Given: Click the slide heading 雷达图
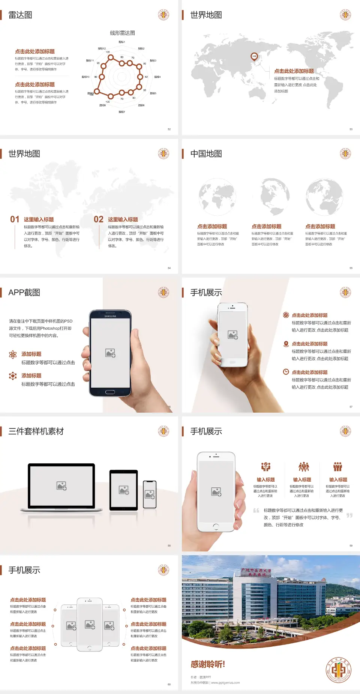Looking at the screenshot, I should [x=20, y=15].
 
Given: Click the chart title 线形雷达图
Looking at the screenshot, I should [x=122, y=33].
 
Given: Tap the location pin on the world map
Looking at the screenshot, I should [x=254, y=57].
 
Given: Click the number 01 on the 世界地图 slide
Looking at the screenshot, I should [x=15, y=219].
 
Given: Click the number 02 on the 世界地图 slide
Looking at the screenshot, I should [x=99, y=219].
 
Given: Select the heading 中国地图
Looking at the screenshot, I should [x=206, y=154].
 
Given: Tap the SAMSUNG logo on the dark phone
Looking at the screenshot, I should [x=110, y=316].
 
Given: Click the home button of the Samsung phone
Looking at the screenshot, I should [x=110, y=392].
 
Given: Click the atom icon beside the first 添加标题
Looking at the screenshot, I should [x=13, y=355].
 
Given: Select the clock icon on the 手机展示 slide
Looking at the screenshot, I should [x=286, y=372].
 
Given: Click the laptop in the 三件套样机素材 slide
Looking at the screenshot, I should [x=61, y=487].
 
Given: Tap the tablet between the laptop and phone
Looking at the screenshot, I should [x=124, y=490].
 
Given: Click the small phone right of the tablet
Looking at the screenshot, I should [x=150, y=494].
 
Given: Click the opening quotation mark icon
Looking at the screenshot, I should [x=256, y=511].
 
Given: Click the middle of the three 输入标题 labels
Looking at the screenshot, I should [x=302, y=479].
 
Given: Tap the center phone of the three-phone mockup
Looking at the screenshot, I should [x=90, y=624].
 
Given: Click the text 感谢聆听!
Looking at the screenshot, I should [x=208, y=664].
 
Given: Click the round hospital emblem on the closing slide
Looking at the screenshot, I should [x=338, y=670].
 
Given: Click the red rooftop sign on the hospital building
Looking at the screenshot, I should [x=256, y=572].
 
